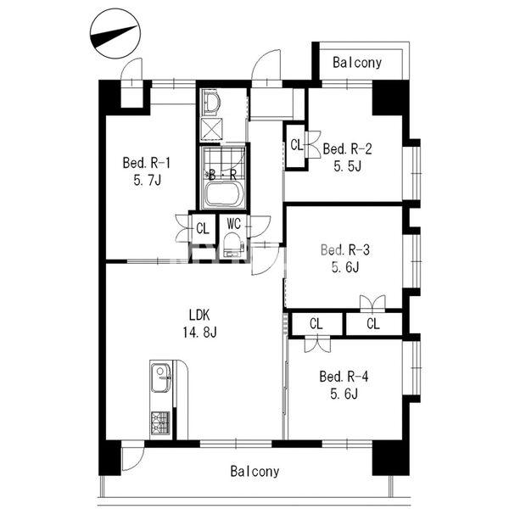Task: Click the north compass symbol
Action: point(115,34)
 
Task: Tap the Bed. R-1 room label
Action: point(147,163)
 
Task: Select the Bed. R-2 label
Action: point(347,149)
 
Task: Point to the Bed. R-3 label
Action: point(345,250)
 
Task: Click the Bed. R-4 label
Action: point(344,377)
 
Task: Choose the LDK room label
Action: point(199,315)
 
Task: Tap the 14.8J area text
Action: point(199,333)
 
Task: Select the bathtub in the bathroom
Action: point(223,194)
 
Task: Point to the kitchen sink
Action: point(161,378)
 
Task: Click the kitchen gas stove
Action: point(160,422)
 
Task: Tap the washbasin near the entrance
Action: point(211,102)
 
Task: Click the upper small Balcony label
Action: point(357,63)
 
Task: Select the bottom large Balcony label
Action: point(255,472)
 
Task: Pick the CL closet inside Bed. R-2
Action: point(295,146)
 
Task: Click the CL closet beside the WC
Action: point(203,228)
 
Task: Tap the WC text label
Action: point(234,224)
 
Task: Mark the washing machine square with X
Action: point(211,129)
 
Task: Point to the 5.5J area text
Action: point(347,166)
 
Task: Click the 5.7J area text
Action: point(148,181)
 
